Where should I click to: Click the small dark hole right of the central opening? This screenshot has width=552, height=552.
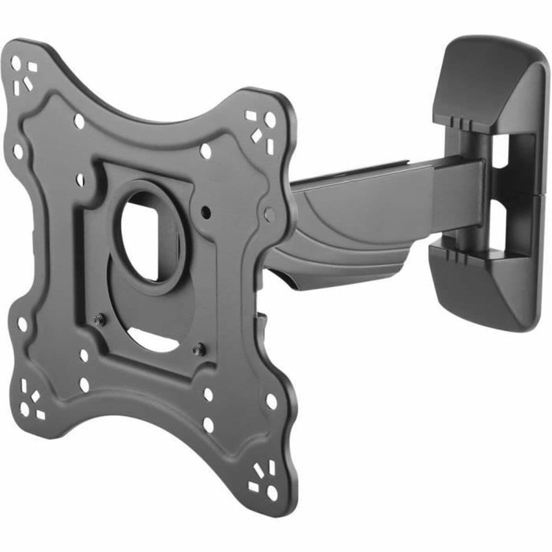click(x=205, y=212)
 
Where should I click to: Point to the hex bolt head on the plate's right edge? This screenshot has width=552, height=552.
click(x=269, y=212)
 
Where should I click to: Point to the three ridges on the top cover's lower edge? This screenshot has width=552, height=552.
click(x=460, y=121)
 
